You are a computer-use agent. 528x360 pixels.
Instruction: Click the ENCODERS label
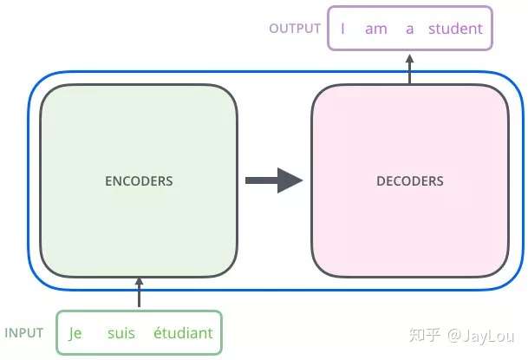(x=139, y=181)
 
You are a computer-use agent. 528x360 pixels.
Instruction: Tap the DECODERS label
(x=410, y=181)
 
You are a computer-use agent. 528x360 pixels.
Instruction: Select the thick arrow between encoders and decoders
(x=274, y=180)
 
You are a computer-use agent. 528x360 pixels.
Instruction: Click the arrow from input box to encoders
(x=139, y=292)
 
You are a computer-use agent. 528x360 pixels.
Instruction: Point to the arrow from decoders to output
(x=409, y=69)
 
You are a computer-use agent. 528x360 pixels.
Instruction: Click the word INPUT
(x=24, y=333)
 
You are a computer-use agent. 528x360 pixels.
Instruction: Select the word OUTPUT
(x=295, y=29)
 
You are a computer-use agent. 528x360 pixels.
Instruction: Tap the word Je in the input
(x=75, y=333)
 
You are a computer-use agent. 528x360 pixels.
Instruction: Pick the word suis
(x=121, y=333)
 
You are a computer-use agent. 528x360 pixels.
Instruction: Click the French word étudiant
(x=183, y=333)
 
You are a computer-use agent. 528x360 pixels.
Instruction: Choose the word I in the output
(x=342, y=29)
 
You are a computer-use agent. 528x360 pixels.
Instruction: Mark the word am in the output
(x=376, y=29)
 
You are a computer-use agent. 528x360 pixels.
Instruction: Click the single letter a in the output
(x=409, y=29)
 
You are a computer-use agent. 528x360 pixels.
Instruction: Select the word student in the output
(x=455, y=29)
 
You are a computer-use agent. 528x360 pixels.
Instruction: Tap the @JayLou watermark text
(x=480, y=336)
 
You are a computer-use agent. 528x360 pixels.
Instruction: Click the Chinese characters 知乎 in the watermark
(x=425, y=335)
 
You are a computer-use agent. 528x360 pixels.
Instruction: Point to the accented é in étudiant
(x=158, y=333)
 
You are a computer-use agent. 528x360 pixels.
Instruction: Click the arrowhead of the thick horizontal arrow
(x=290, y=180)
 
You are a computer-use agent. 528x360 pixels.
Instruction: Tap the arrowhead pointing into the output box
(x=409, y=59)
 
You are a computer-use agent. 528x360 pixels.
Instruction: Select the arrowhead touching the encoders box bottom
(x=139, y=282)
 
